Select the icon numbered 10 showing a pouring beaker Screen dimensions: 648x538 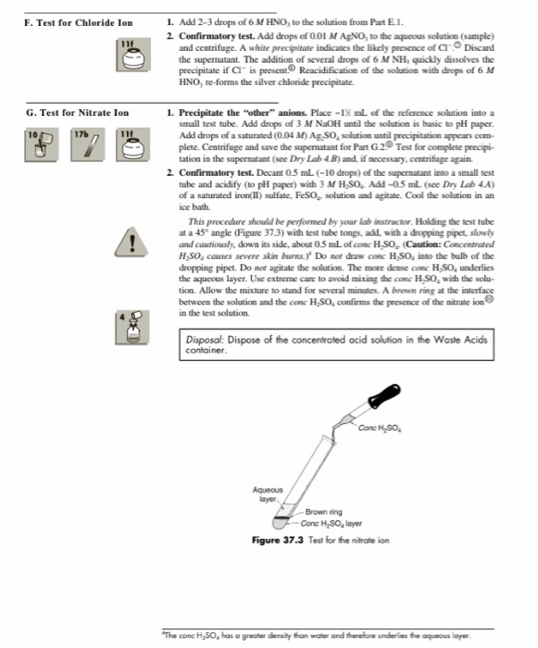pos(36,168)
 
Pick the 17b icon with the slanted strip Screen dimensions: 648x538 pos(81,168)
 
